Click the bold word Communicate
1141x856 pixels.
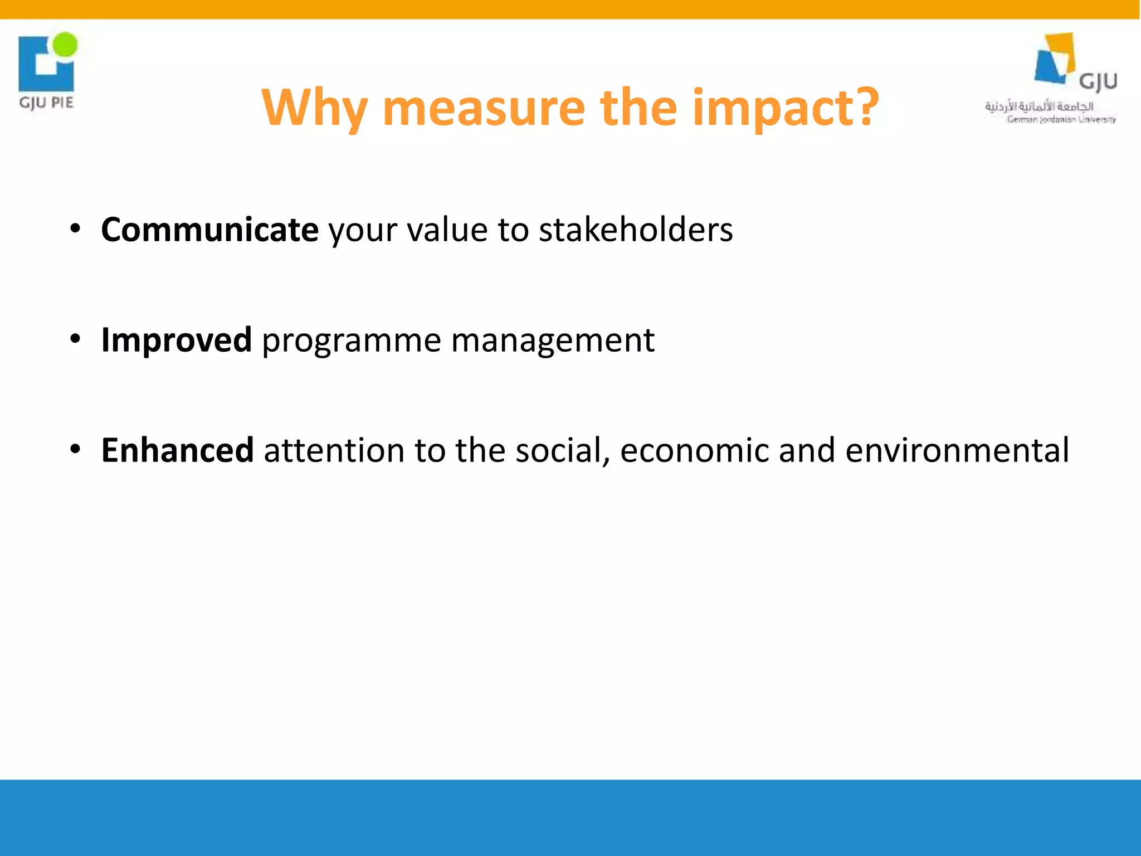pyautogui.click(x=209, y=230)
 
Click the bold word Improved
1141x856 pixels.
pyautogui.click(x=176, y=340)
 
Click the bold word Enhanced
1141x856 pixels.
pyautogui.click(x=177, y=450)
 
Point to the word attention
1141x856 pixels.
pyautogui.click(x=334, y=450)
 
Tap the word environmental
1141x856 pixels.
pyautogui.click(x=957, y=450)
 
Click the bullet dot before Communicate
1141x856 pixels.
pyautogui.click(x=76, y=229)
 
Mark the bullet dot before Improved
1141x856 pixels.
pyautogui.click(x=76, y=339)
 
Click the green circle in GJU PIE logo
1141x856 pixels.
pyautogui.click(x=66, y=44)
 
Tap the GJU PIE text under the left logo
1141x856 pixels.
pyautogui.click(x=46, y=103)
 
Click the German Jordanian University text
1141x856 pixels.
pyautogui.click(x=1061, y=119)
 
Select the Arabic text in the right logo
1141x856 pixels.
pyautogui.click(x=1038, y=106)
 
